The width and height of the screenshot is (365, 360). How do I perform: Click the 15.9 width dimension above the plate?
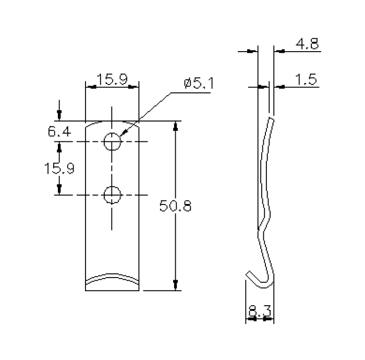click(x=112, y=80)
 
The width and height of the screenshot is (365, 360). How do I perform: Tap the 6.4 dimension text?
click(x=59, y=131)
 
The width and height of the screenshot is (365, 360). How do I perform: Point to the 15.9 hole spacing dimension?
click(x=59, y=169)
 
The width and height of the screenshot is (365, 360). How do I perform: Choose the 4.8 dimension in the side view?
click(x=307, y=44)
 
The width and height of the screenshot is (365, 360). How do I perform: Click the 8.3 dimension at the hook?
click(x=260, y=311)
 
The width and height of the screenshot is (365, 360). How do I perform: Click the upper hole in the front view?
click(x=112, y=142)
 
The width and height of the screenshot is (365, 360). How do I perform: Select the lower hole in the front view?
click(x=112, y=195)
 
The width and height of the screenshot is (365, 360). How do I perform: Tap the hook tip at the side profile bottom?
click(x=249, y=272)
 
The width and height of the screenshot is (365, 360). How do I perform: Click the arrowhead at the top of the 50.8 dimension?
click(x=175, y=126)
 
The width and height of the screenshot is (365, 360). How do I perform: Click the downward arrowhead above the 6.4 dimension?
click(x=59, y=116)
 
